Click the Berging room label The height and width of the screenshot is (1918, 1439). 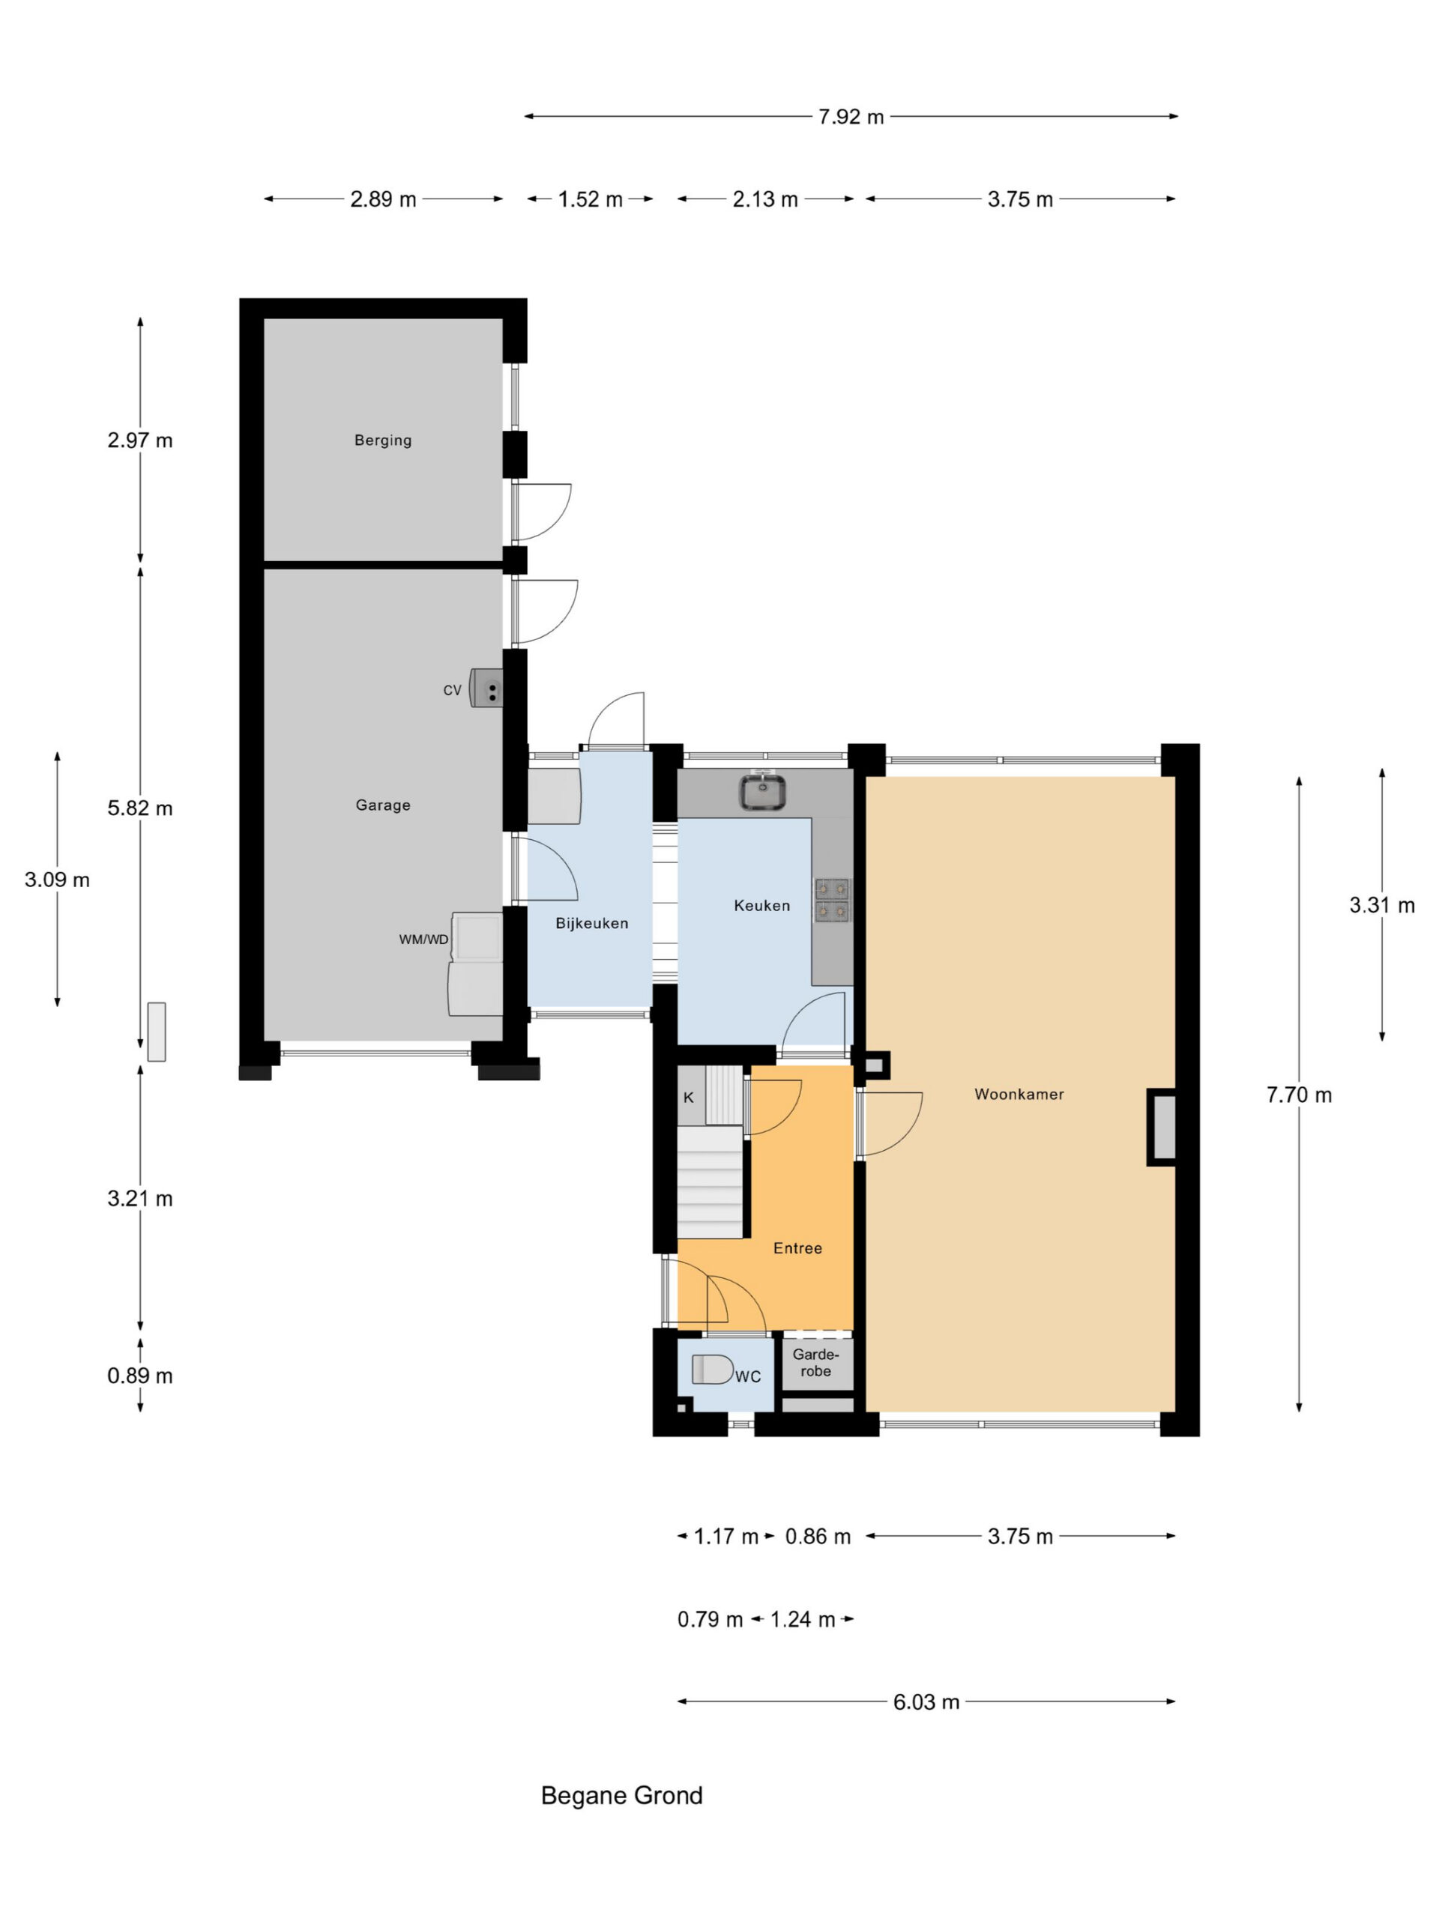pyautogui.click(x=382, y=440)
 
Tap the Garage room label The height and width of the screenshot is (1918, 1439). pyautogui.click(x=382, y=805)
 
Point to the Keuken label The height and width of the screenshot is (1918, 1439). pyautogui.click(x=761, y=905)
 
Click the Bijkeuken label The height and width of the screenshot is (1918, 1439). pyautogui.click(x=591, y=924)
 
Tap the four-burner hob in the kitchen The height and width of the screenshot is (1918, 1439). pyautogui.click(x=832, y=900)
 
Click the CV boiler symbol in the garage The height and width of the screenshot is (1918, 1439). pyautogui.click(x=486, y=688)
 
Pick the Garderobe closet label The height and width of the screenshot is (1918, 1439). pyautogui.click(x=815, y=1362)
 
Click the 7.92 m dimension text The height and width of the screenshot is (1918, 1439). pyautogui.click(x=851, y=116)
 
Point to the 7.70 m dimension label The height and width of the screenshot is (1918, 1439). pyautogui.click(x=1299, y=1095)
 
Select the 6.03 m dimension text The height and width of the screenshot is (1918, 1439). pyautogui.click(x=926, y=1702)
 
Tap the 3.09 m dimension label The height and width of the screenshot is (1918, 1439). pyautogui.click(x=57, y=880)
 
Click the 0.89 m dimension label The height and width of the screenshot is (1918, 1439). pyautogui.click(x=139, y=1376)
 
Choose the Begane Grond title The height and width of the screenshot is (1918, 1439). pyautogui.click(x=622, y=1796)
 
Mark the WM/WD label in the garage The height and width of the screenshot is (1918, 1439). pyautogui.click(x=423, y=939)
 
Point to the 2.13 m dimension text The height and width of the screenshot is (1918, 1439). pyautogui.click(x=765, y=199)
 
